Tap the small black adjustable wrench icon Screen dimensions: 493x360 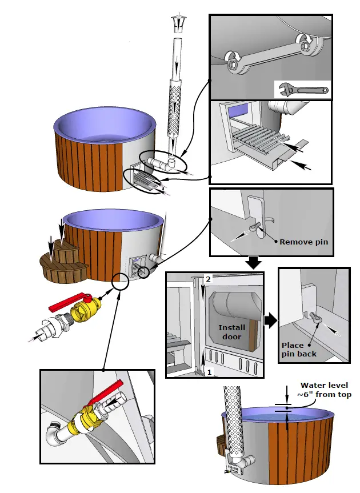tap(301, 89)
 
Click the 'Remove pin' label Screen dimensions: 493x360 tap(303, 242)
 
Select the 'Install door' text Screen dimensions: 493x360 tap(232, 332)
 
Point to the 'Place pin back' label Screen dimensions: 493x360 tap(299, 350)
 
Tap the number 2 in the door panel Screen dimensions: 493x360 tap(209, 279)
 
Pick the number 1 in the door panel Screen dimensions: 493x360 tap(209, 371)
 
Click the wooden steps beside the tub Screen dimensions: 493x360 tap(61, 260)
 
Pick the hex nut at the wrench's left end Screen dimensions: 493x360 tap(234, 64)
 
